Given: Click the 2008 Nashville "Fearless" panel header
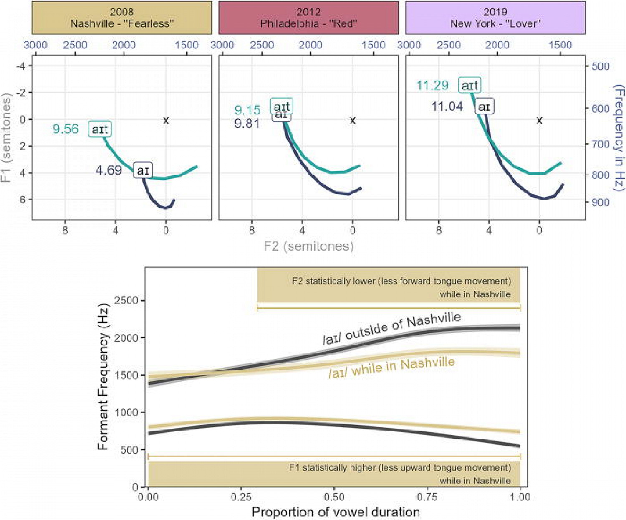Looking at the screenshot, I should tap(122, 18).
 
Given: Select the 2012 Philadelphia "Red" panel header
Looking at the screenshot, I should tap(308, 18).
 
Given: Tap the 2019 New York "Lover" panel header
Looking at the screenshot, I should tap(495, 18).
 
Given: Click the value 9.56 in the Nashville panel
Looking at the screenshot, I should tap(66, 129).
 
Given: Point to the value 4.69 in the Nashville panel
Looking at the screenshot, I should tap(109, 170).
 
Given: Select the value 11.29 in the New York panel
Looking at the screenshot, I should tap(432, 86).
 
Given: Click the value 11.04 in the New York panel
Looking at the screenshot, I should tap(447, 107).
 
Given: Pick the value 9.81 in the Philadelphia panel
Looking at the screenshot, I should tap(247, 124).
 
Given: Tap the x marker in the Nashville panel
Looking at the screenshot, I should tap(166, 121).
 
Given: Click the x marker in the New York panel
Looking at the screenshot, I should tap(539, 121).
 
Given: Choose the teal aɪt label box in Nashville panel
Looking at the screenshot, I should tap(100, 129).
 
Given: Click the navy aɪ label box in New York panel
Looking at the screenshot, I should tap(484, 107).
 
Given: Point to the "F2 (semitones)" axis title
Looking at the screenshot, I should tap(309, 246).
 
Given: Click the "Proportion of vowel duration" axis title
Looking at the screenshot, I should tap(336, 512).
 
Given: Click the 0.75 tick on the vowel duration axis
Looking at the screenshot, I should tap(427, 497).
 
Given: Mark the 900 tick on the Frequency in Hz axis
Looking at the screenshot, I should tap(601, 202).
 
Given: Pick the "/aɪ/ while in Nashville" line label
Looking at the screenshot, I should tap(391, 367).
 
